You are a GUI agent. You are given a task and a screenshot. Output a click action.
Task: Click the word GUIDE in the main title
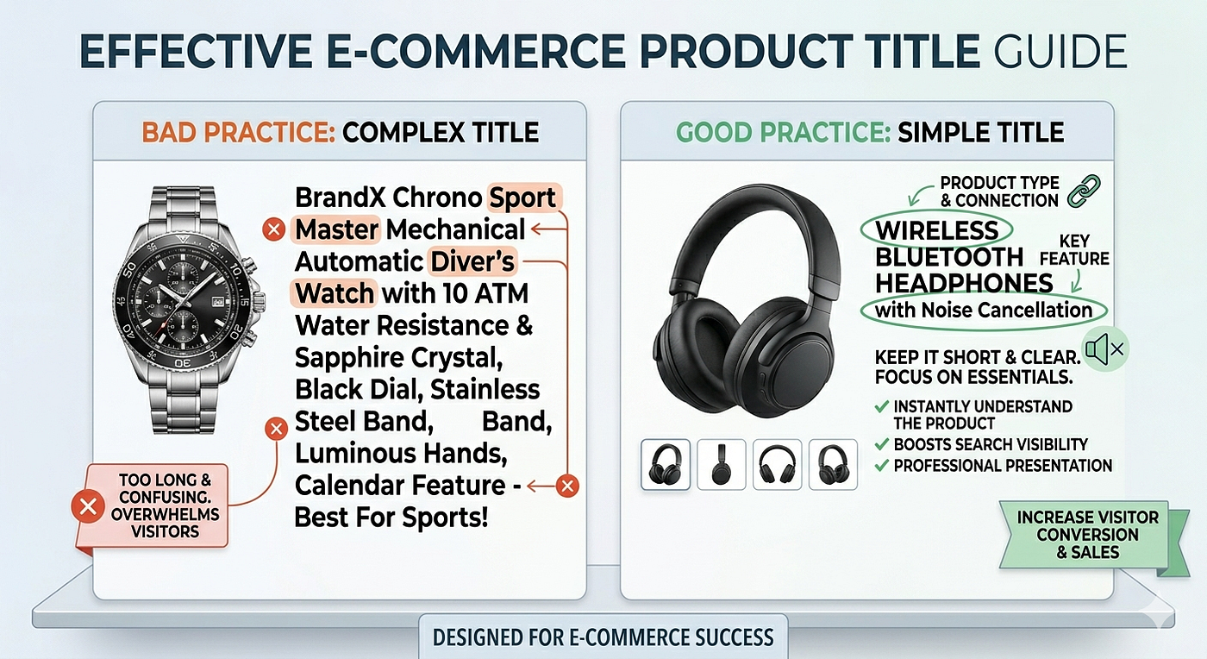pos(1060,51)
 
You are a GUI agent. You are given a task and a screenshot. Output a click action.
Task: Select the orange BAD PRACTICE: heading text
pos(239,132)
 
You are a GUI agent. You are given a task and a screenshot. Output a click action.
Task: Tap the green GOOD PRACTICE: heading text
pos(783,132)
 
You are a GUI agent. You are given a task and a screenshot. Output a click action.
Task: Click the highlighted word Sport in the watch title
pos(522,198)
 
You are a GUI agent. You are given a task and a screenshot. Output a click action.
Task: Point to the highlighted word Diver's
pos(472,261)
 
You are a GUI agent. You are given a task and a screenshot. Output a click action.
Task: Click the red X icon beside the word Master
pos(274,229)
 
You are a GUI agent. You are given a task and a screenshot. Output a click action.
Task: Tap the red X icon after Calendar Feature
pos(567,486)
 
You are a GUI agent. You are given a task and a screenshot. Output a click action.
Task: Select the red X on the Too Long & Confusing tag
pos(88,507)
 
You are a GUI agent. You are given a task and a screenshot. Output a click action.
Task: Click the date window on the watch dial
pos(217,302)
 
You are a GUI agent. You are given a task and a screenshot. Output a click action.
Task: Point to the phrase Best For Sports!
pos(391,518)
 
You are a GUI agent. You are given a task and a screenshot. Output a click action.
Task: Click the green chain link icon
pos(1084,191)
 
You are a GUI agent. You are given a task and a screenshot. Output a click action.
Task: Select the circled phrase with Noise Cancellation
pos(984,311)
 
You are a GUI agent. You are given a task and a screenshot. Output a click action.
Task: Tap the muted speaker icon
pos(1104,349)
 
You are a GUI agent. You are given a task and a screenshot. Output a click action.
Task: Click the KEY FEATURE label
pos(1074,249)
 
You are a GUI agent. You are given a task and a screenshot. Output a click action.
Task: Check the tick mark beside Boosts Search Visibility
pos(881,444)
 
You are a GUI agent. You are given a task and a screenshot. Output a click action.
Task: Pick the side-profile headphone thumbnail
pos(721,464)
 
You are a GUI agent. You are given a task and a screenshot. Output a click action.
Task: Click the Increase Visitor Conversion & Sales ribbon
pos(1088,535)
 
